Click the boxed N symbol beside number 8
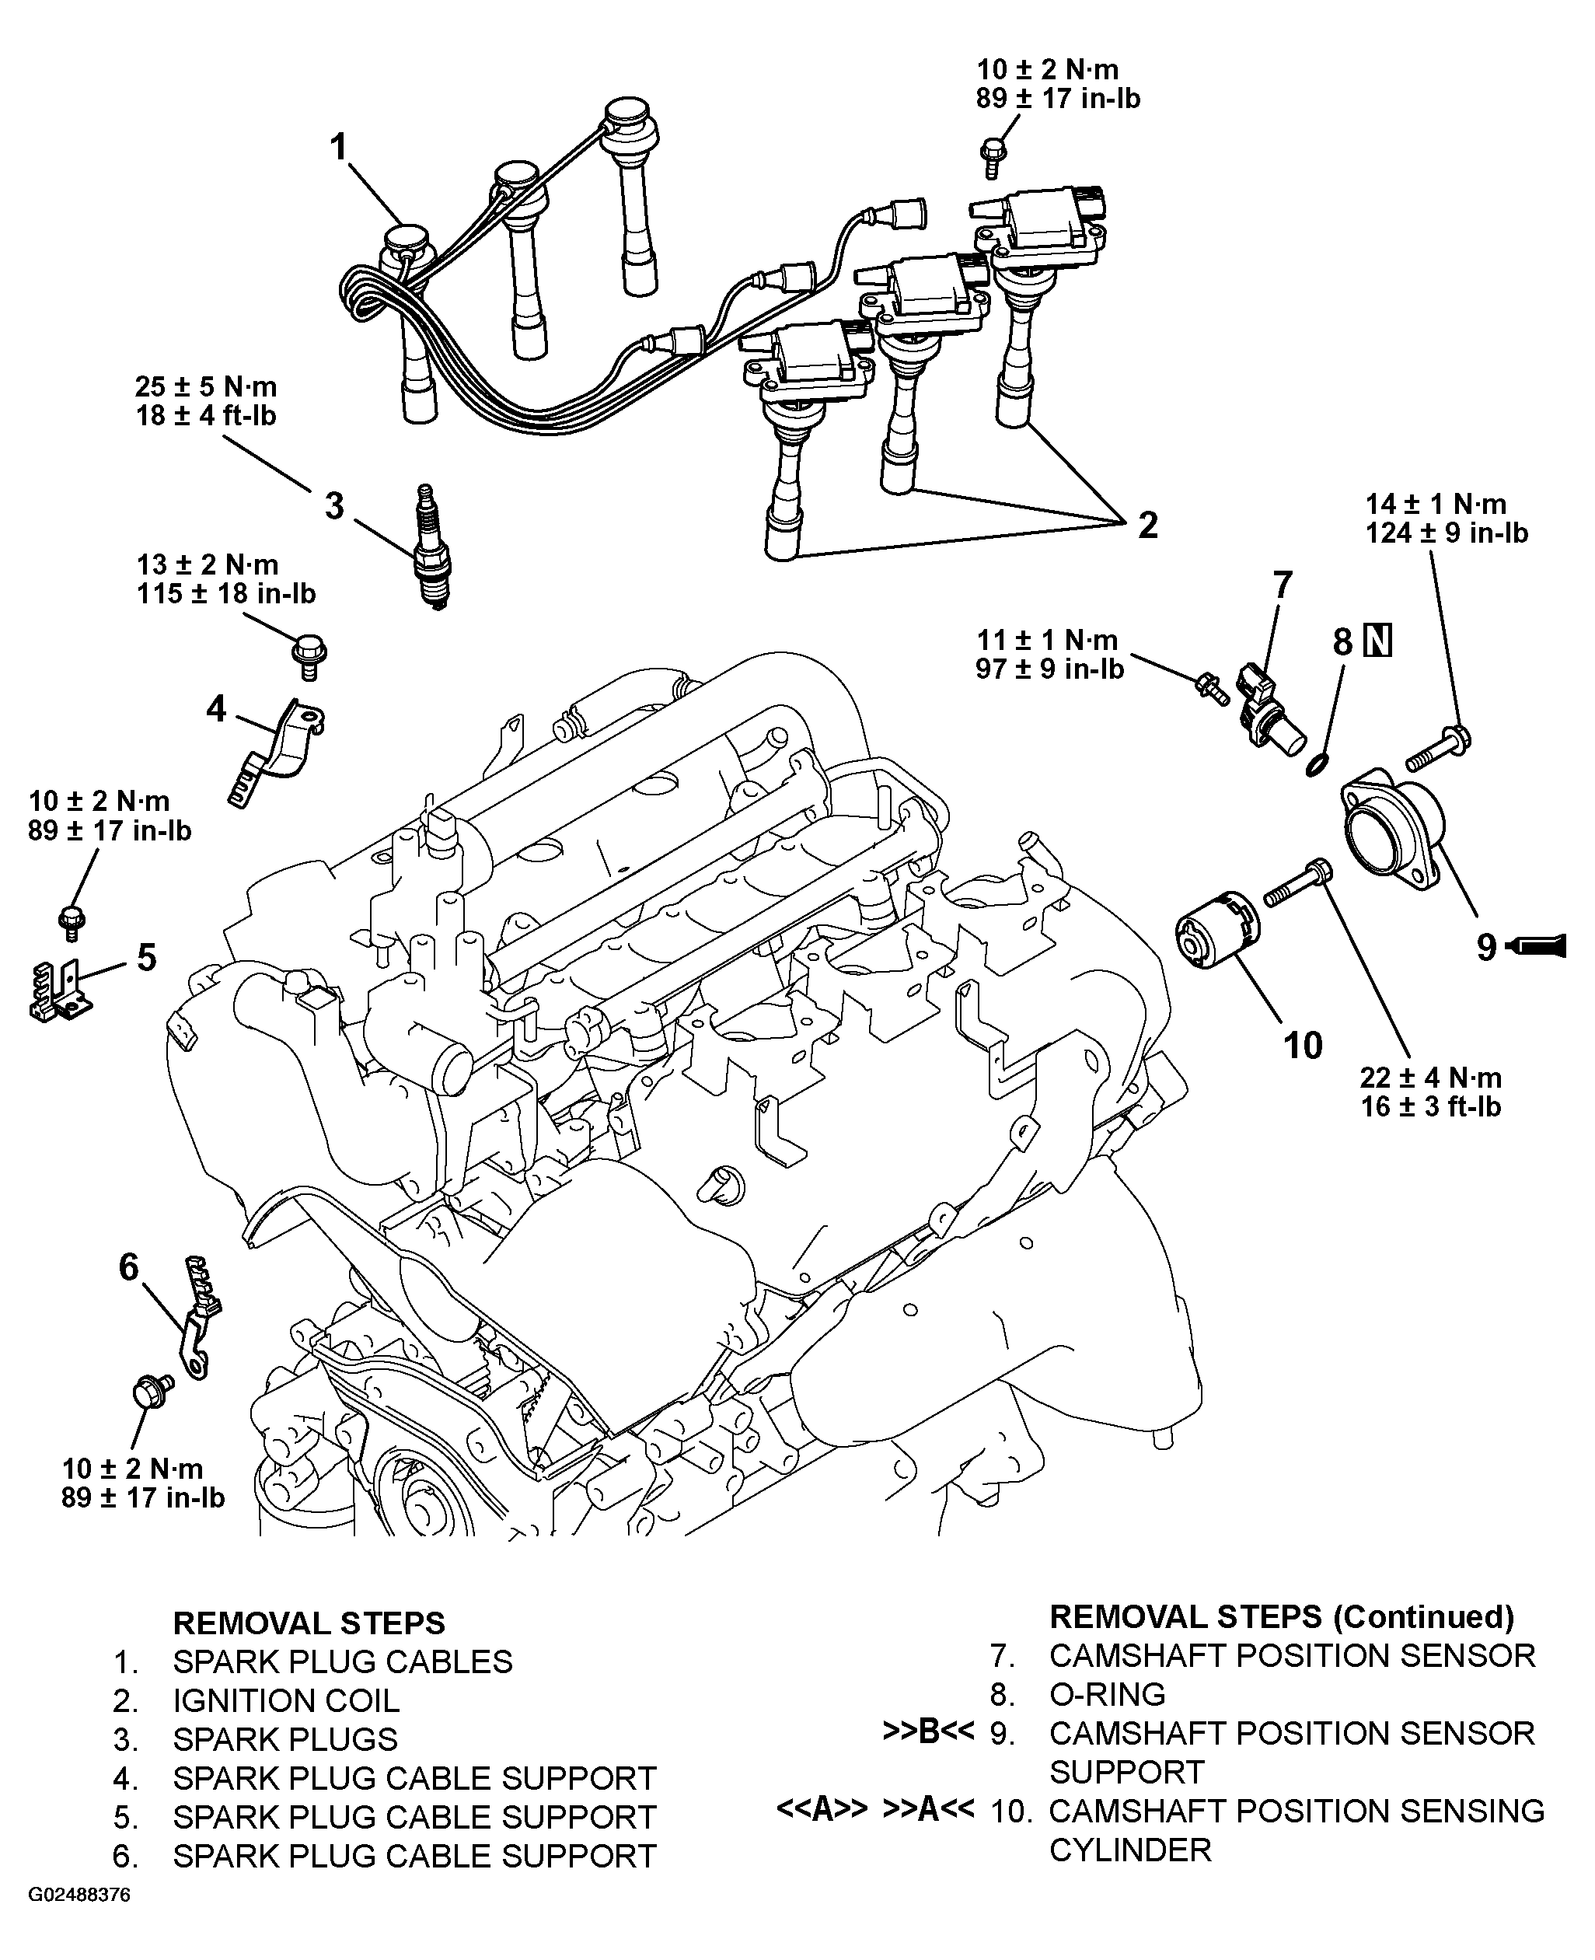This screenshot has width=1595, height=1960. (1378, 641)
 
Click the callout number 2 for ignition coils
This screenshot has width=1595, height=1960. (1147, 526)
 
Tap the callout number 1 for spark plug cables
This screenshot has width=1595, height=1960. (340, 147)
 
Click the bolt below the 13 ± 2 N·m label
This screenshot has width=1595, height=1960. (309, 657)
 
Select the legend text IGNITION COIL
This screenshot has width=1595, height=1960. (287, 1701)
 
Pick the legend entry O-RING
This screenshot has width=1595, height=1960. (1107, 1693)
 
